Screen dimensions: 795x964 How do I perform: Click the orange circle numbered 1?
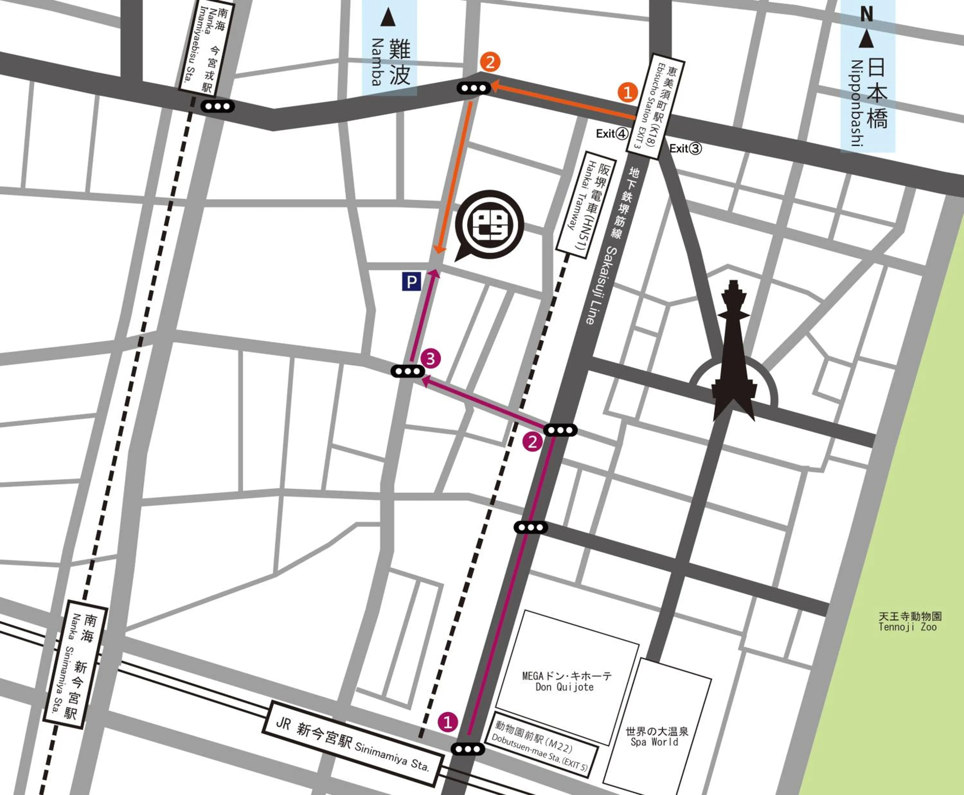coord(627,92)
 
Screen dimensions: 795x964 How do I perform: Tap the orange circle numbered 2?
coord(490,62)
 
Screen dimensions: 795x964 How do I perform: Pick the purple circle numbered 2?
coord(532,442)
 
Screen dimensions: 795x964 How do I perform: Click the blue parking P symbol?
coord(411,282)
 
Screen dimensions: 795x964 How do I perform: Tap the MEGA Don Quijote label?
coord(567,681)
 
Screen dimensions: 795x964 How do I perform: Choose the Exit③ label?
coord(685,148)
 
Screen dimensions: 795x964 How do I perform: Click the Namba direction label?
coord(389,50)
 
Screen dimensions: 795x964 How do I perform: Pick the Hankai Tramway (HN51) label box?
coord(586,205)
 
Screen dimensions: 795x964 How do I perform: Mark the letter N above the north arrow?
coord(866,15)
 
